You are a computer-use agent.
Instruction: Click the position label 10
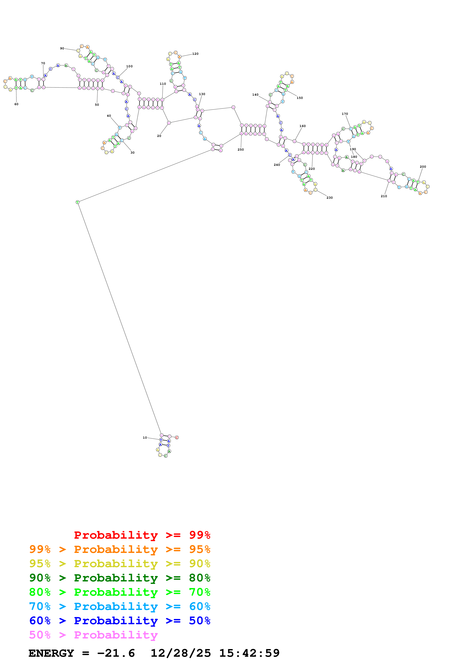[145, 438]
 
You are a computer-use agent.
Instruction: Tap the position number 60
[16, 104]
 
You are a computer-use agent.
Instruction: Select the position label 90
[62, 48]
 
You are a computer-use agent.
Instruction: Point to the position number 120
[195, 54]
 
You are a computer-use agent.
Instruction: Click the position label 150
[299, 98]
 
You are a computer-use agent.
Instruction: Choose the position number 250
[240, 150]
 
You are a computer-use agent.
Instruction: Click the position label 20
[159, 136]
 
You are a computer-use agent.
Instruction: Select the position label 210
[384, 196]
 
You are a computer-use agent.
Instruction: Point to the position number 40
[109, 116]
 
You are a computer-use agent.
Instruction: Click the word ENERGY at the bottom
[51, 653]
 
